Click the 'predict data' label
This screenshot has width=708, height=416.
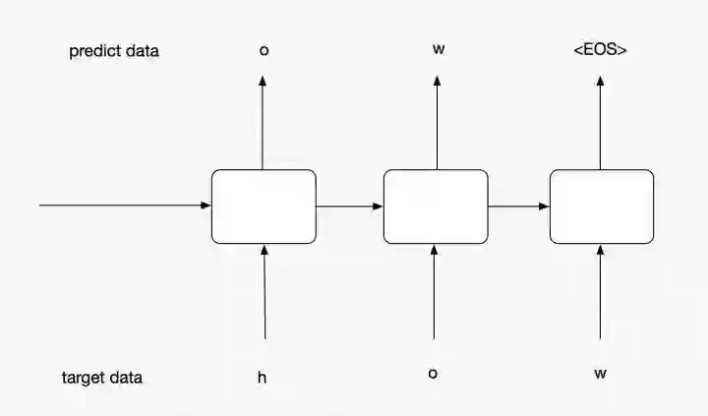click(114, 51)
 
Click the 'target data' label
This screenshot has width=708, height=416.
click(103, 378)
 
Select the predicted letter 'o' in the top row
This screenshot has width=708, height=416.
click(263, 49)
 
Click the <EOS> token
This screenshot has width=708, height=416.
click(600, 48)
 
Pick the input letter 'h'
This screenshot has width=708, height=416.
click(263, 377)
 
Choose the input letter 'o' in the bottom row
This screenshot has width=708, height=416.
click(433, 374)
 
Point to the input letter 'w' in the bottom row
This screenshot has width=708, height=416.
click(600, 374)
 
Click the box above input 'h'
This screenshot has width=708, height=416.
click(264, 207)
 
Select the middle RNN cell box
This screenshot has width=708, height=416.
click(435, 207)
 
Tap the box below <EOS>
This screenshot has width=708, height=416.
click(601, 207)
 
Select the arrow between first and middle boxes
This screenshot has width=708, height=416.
click(349, 207)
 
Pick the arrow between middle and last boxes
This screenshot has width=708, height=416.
click(518, 207)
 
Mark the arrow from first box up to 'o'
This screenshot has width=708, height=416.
click(263, 123)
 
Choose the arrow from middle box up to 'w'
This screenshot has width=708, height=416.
click(437, 123)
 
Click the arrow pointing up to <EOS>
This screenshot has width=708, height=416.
click(600, 123)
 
